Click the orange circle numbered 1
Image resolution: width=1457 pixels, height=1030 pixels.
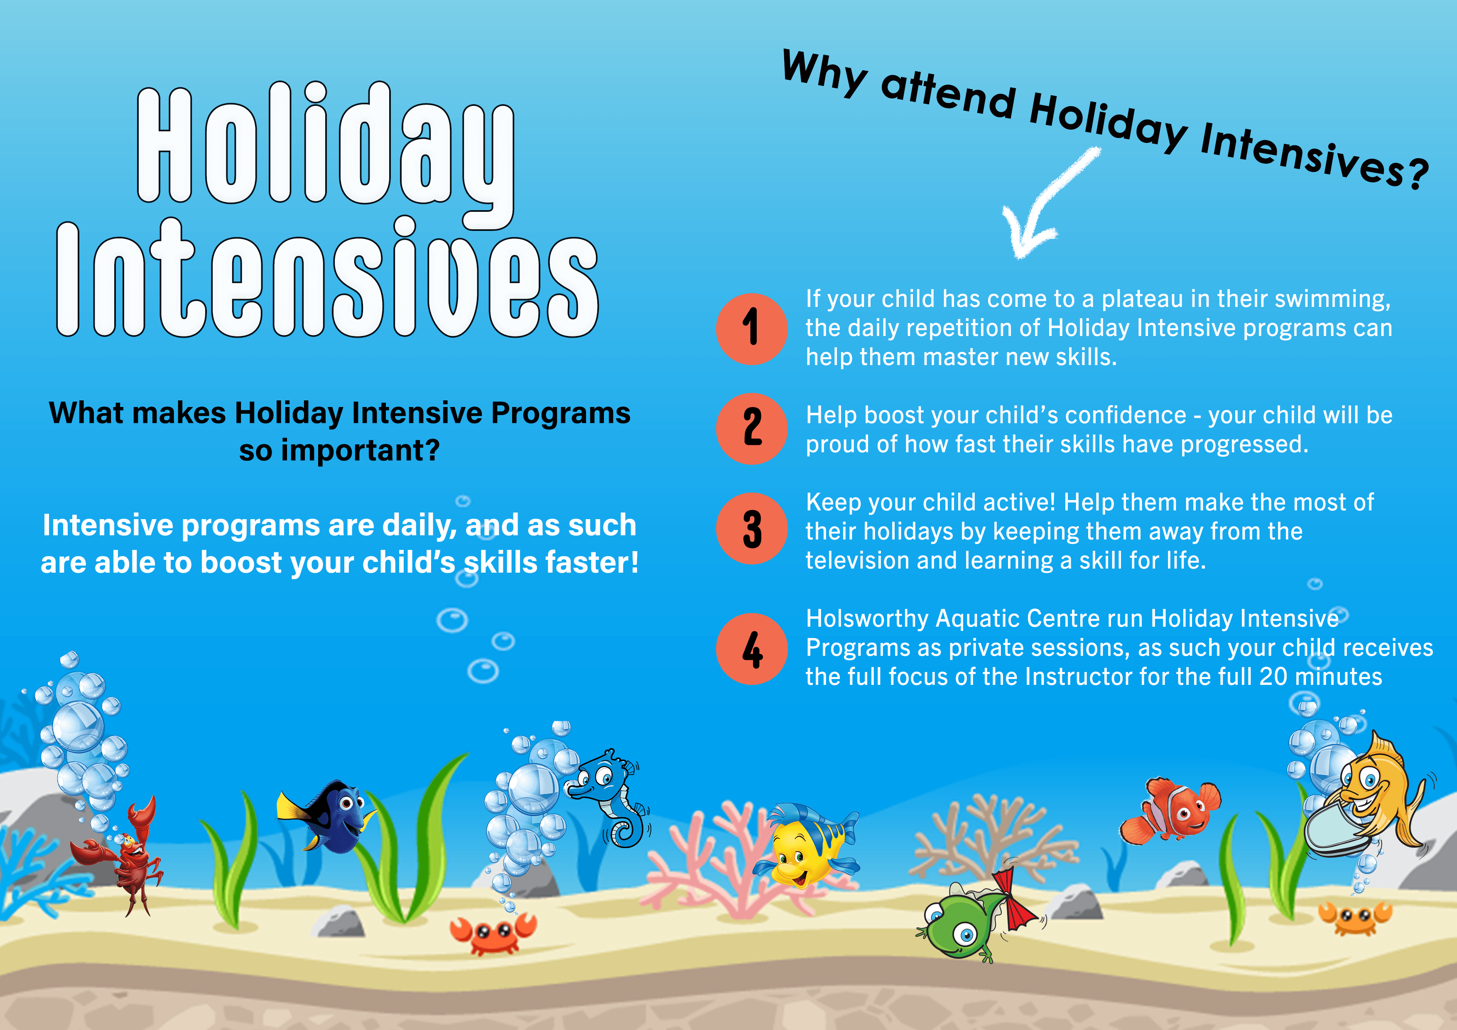point(752,329)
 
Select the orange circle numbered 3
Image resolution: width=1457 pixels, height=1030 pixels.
point(752,529)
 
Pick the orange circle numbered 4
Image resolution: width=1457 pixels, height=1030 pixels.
point(752,649)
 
